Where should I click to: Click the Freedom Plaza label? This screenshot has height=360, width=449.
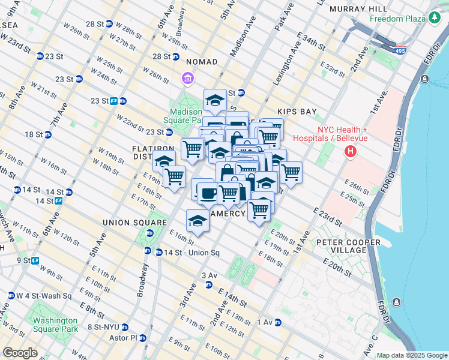pos(398,19)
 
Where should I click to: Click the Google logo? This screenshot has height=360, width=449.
pos(20,353)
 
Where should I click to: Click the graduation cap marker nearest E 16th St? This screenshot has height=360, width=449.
pos(197,221)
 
